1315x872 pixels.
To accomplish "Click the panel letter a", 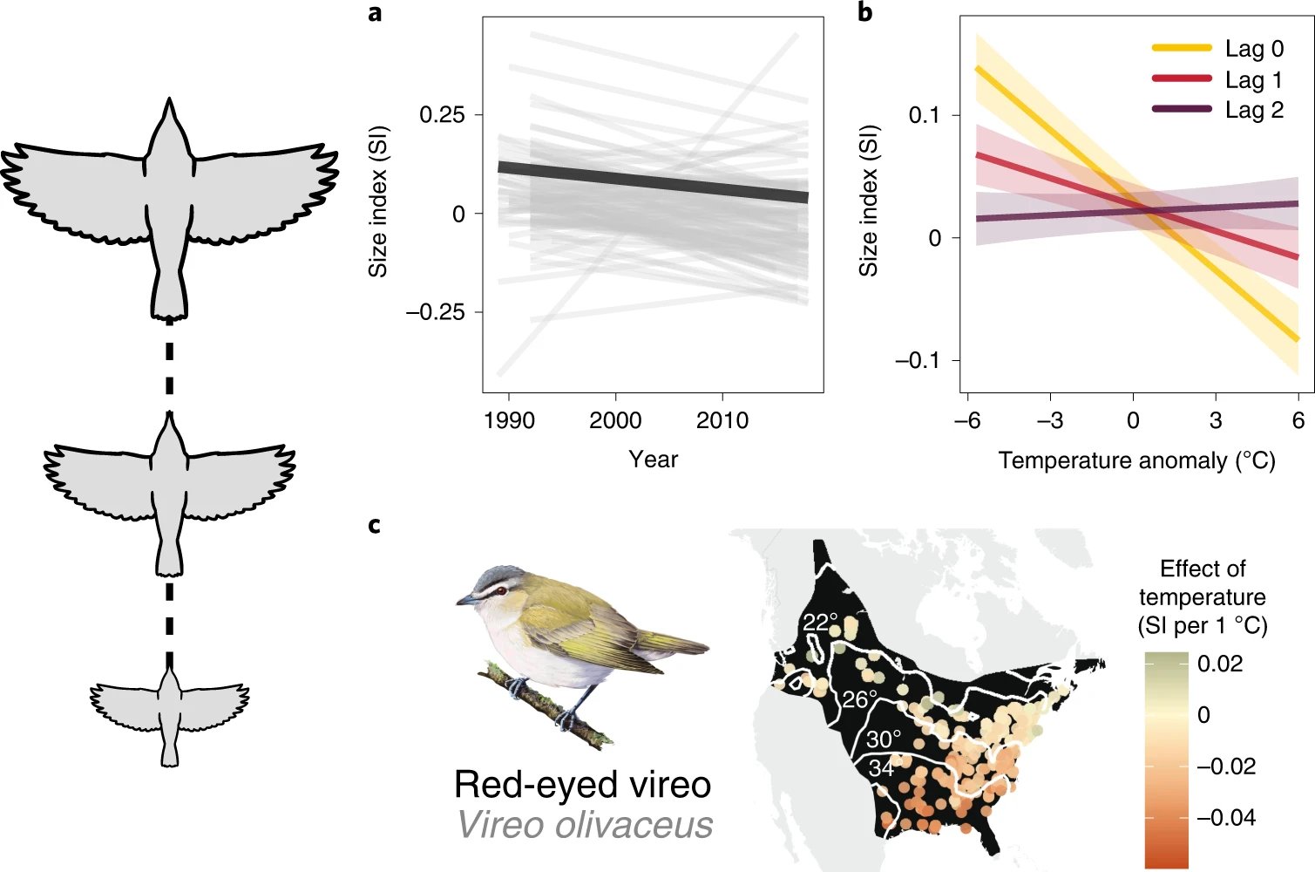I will click(375, 14).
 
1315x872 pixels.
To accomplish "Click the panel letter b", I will click(864, 14).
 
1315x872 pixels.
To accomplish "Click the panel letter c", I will click(374, 525).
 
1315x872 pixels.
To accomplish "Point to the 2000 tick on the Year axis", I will click(615, 420).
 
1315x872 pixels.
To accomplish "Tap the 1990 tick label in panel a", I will click(508, 420).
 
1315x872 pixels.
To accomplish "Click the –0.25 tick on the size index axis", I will click(435, 312).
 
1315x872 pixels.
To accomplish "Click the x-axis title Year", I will click(653, 460).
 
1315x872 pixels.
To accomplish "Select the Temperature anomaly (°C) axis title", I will click(1136, 460).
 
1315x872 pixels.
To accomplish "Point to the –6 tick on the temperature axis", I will click(967, 421).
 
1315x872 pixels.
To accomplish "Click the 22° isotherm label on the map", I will click(819, 623).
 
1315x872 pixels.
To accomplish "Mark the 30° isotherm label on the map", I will click(883, 739).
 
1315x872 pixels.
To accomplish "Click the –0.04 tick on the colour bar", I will click(1225, 818).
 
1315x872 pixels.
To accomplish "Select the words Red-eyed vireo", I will click(582, 785).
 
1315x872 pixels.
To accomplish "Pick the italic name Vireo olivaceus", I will click(585, 825).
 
